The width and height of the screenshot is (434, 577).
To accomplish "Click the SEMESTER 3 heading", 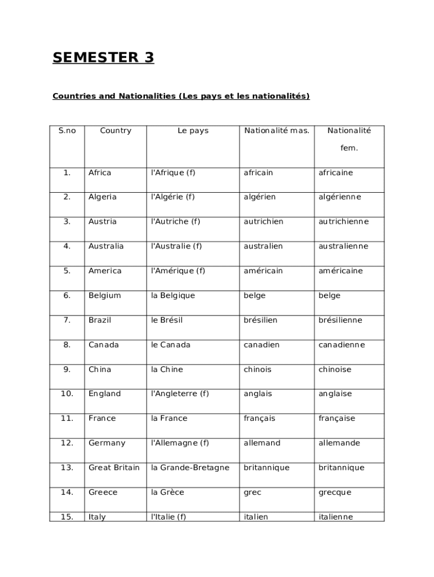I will (103, 58).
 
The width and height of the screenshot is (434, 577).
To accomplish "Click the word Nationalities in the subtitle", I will (147, 96).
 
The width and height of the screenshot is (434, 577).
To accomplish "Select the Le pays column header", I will (193, 131).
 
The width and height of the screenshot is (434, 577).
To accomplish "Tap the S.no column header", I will (67, 131).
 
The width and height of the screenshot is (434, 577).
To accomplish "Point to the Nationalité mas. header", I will (277, 131).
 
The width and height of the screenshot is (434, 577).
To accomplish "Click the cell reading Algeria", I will (103, 197).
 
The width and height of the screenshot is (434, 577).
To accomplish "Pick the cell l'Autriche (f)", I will (175, 221).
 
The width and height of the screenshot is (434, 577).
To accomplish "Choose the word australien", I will (263, 246).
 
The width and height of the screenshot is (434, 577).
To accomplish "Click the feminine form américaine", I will (340, 271).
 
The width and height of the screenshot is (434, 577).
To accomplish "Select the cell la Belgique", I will (173, 296).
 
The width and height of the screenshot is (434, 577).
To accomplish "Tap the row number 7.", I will (67, 320).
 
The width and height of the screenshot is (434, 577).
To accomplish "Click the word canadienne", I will (342, 345).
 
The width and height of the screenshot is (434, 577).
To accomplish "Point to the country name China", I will (100, 370).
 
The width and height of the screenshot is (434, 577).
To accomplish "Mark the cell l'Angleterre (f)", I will (180, 394).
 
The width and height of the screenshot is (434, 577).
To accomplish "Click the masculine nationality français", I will (259, 419).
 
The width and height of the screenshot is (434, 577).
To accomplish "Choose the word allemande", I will (339, 443).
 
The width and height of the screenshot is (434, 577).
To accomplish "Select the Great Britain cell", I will (114, 468).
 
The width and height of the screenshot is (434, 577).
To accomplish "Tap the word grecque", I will (335, 492).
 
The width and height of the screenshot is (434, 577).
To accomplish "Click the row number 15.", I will (67, 517).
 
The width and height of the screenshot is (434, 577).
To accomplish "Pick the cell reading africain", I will (258, 173).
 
